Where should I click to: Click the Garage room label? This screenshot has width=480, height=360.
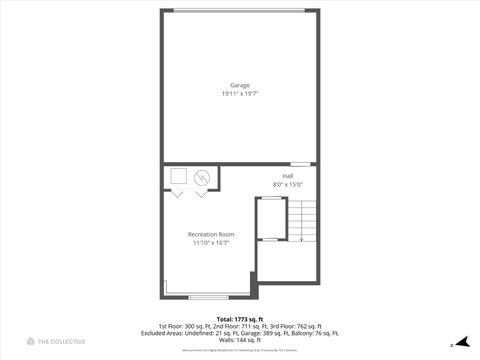(240, 85)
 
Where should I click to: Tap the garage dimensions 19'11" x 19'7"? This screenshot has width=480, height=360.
(240, 93)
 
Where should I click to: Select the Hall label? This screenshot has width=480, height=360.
(287, 176)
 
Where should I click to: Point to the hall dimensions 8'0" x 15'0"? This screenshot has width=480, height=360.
(287, 184)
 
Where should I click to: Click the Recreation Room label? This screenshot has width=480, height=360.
(210, 234)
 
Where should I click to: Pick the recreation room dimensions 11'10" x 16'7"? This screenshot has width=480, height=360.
(210, 242)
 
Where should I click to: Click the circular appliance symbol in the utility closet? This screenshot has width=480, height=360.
(202, 178)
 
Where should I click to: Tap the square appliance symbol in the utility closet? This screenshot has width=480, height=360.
(178, 177)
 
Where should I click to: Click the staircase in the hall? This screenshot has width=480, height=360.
(302, 220)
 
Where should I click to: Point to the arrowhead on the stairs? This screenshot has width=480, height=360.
(302, 238)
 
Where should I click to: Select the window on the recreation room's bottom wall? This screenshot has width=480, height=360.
(208, 296)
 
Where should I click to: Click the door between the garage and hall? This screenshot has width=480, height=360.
(300, 163)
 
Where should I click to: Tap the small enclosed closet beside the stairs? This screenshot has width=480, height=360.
(270, 219)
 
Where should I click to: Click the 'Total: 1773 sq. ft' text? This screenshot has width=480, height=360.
(240, 319)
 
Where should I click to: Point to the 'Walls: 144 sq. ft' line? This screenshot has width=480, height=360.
(240, 340)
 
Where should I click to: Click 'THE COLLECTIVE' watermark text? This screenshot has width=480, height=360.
(62, 341)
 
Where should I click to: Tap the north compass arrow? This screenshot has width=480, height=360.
(461, 341)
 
